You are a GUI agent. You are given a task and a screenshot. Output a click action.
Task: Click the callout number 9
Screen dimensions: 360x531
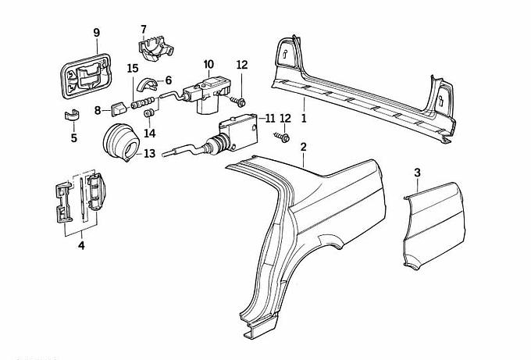coord(97,32)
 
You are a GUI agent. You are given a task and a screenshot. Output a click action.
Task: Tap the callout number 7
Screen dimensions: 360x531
coord(144,29)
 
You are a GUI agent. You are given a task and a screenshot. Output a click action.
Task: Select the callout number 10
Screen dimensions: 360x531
coord(208,64)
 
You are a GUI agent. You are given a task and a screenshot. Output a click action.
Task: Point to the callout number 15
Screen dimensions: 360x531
coord(133,69)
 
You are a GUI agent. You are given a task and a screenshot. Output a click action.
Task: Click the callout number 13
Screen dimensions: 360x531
coord(149,154)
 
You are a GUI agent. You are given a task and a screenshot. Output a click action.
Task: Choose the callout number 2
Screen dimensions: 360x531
coord(303,146)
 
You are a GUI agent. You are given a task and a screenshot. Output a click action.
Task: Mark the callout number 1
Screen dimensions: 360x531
coord(304,119)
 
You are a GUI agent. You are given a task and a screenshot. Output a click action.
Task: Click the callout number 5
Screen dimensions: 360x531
coord(74,139)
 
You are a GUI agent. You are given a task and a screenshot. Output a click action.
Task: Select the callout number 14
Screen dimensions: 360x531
coord(150,133)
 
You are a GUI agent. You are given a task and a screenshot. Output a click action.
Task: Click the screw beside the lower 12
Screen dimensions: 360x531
coord(283,137)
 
